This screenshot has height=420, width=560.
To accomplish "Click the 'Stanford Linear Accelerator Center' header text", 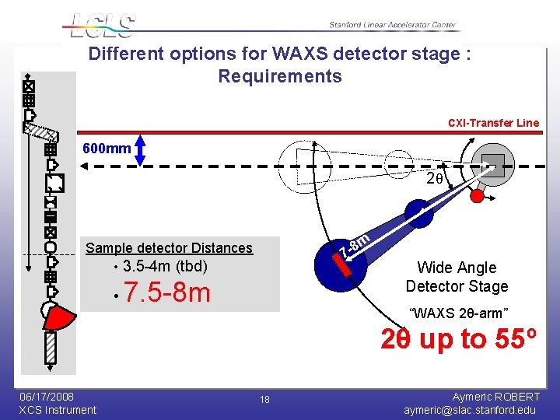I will (x=392, y=26).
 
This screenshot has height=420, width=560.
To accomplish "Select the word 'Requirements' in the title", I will (x=279, y=76).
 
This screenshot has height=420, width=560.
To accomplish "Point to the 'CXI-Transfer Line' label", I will (x=493, y=123).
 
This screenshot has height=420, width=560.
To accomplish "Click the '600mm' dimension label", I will (x=107, y=149).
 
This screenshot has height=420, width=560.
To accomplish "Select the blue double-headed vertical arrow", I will (x=141, y=150).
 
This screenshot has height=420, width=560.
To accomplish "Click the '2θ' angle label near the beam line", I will (x=435, y=179).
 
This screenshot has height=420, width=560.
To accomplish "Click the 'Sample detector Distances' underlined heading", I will (x=169, y=248).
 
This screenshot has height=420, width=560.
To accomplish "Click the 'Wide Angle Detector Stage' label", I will (x=457, y=277).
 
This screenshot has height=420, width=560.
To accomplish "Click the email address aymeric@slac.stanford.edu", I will (x=471, y=410).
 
